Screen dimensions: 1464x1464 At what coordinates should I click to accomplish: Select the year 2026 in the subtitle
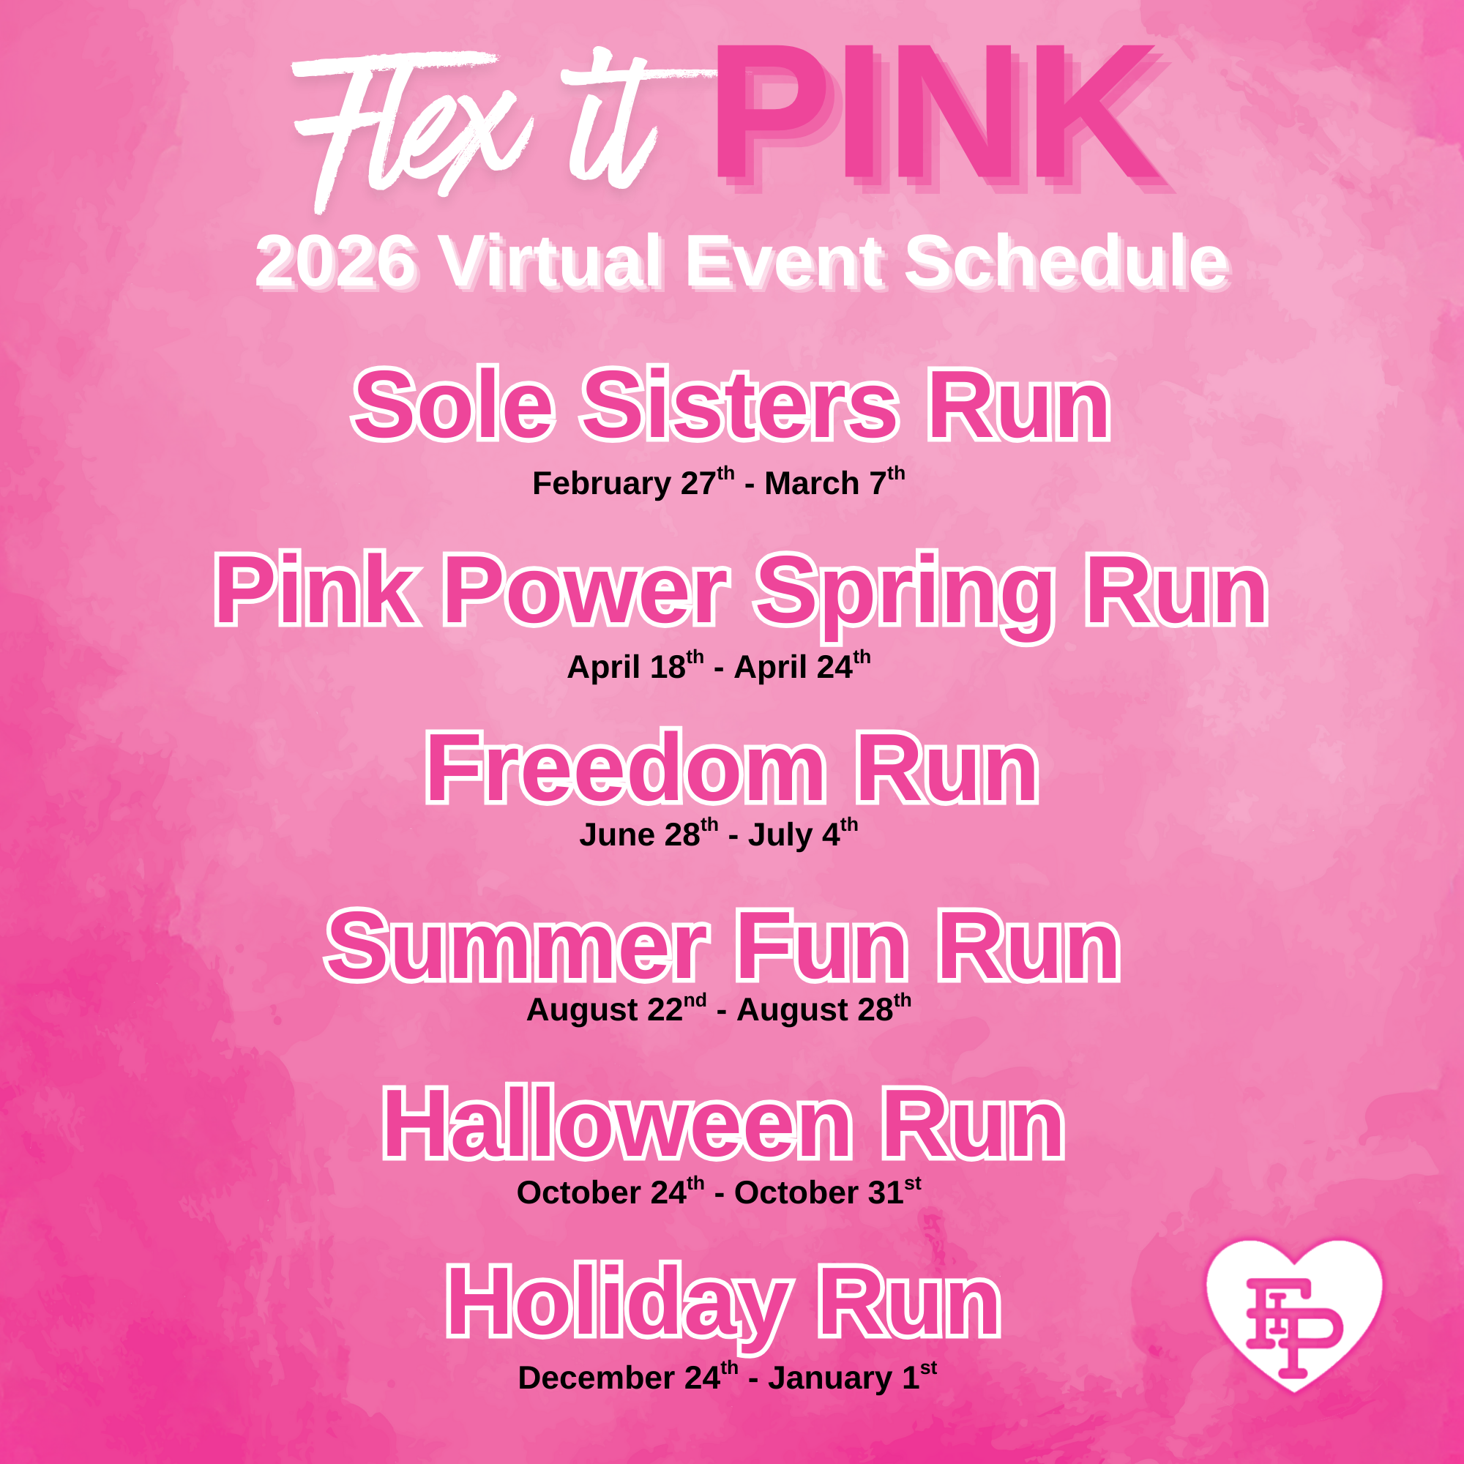(x=337, y=262)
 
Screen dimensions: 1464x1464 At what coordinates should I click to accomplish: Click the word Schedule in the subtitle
(x=1068, y=261)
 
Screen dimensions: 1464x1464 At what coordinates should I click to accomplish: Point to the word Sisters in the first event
(x=739, y=406)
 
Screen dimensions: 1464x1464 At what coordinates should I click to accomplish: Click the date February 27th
(x=633, y=482)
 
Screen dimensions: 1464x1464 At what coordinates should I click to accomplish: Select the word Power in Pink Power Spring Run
(x=585, y=589)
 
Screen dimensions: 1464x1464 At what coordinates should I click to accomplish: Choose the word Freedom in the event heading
(x=625, y=768)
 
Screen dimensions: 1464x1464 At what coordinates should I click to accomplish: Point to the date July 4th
(x=803, y=834)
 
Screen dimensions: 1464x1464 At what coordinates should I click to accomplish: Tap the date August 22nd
(x=617, y=1009)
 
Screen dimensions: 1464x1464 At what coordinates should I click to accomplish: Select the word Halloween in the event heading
(x=618, y=1124)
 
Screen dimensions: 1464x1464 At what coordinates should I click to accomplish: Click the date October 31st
(x=828, y=1192)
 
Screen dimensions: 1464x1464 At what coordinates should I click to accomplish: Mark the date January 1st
(x=853, y=1378)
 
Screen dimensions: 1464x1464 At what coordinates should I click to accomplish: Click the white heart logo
(x=1294, y=1314)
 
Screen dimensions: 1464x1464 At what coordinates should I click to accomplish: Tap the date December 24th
(x=628, y=1378)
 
